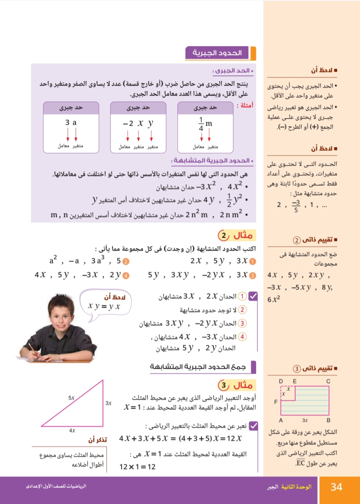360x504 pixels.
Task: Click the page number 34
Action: pos(336,487)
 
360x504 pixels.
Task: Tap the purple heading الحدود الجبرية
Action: pos(217,53)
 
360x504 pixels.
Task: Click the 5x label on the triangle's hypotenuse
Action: pos(71,398)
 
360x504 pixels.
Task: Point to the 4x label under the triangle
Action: pos(72,430)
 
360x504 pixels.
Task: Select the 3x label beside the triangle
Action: pos(108,403)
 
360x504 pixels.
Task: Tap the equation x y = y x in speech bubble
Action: pos(104,306)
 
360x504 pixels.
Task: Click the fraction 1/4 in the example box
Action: pos(201,124)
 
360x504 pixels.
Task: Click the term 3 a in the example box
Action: pos(71,123)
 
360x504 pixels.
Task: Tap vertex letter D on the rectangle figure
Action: pos(281,381)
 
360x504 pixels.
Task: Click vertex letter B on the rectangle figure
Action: pos(328,420)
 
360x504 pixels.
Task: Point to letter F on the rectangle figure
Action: pos(276,402)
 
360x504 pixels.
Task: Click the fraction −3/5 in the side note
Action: pos(296,206)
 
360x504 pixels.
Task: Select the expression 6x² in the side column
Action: pos(274,299)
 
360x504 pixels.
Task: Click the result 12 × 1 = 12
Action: pos(137,467)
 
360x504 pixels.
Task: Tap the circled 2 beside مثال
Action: pos(223,236)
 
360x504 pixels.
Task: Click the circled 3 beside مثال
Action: pos(223,385)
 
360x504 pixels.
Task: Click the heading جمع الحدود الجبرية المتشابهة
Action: pos(198,367)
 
